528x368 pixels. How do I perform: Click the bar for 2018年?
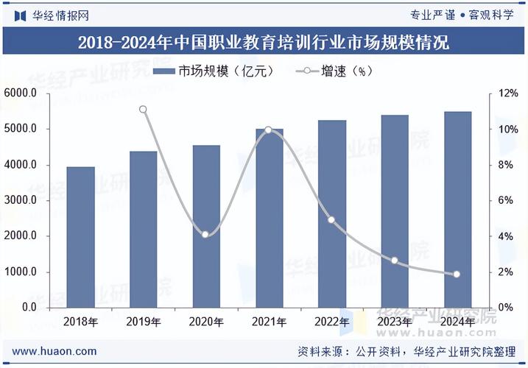coord(80,237)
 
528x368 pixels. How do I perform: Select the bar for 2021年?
coord(269,218)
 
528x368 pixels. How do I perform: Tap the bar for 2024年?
coord(457,210)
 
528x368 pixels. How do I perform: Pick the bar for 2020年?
coord(206,226)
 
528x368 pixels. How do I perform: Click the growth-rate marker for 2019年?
coord(144,110)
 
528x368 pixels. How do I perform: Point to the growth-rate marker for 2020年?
coord(205,234)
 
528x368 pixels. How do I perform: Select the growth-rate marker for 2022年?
coord(331,220)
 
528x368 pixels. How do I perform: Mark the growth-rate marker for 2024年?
coord(457,275)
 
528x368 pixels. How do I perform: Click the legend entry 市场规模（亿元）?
coord(214,71)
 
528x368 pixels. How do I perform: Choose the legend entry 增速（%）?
coord(335,71)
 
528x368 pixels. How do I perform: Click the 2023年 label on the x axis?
coord(394,322)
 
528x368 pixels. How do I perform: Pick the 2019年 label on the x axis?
coord(144,322)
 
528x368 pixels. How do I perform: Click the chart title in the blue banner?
coord(264,42)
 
